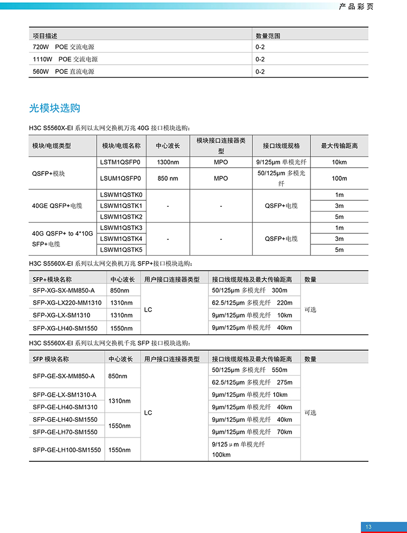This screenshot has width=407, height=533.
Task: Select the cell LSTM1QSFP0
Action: (x=120, y=162)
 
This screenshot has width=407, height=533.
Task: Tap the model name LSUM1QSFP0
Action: (x=120, y=178)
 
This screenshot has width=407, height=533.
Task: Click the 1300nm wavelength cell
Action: (x=168, y=162)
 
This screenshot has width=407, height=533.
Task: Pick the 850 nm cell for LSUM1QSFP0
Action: (x=168, y=178)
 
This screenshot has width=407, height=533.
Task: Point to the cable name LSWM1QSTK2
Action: (x=122, y=217)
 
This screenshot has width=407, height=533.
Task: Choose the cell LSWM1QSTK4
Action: (x=122, y=239)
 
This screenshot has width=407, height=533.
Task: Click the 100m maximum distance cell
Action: (x=339, y=178)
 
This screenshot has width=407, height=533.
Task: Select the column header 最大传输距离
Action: (x=339, y=146)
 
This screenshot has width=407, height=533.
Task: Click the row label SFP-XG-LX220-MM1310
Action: (x=67, y=303)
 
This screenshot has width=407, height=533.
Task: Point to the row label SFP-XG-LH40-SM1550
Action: (x=65, y=328)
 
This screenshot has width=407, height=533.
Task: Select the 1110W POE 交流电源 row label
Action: (x=65, y=59)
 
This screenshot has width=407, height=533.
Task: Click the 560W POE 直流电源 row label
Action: (x=63, y=72)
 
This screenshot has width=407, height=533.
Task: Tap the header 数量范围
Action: (x=268, y=36)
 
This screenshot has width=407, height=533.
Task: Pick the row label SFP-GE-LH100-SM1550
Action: (x=67, y=450)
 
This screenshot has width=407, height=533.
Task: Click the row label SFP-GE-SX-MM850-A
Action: (x=63, y=376)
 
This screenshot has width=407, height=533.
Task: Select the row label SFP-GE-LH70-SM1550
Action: (x=65, y=432)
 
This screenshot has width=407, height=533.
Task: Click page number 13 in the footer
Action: (x=368, y=526)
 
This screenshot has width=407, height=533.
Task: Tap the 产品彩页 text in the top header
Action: (x=356, y=7)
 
